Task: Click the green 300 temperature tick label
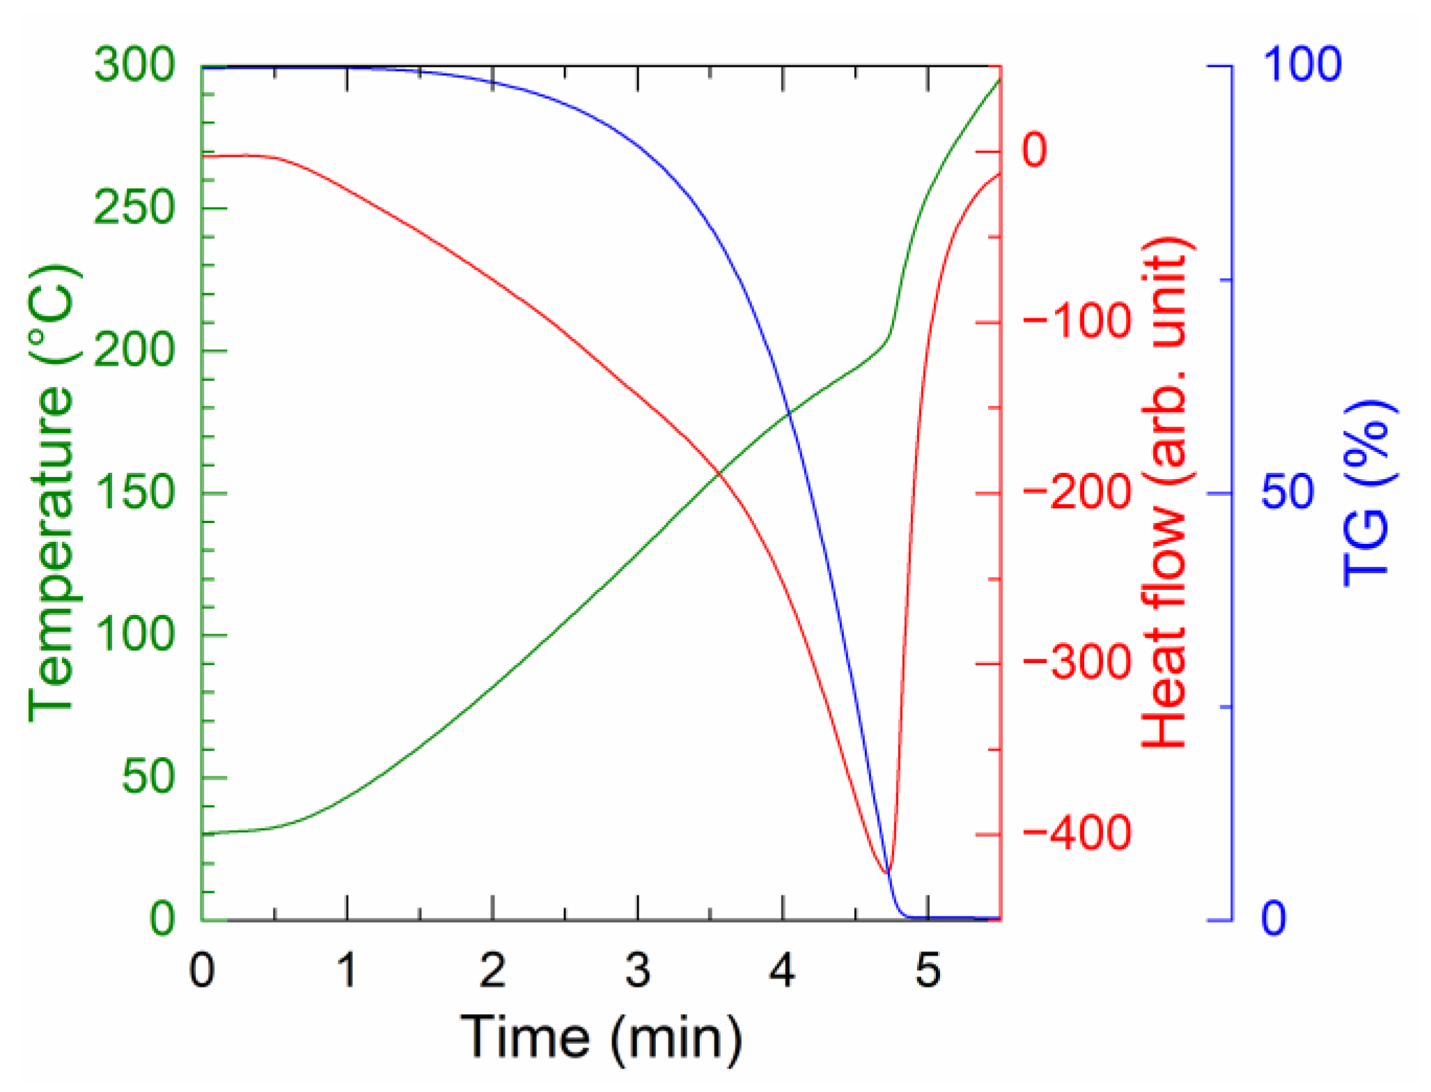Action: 134,65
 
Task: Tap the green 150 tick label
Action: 134,492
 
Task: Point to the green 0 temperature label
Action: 162,919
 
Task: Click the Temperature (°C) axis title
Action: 52,492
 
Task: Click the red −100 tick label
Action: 1077,321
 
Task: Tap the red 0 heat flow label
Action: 1034,150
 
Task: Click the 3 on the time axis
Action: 637,970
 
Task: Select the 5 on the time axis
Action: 928,970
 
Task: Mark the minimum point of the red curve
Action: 886,873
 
